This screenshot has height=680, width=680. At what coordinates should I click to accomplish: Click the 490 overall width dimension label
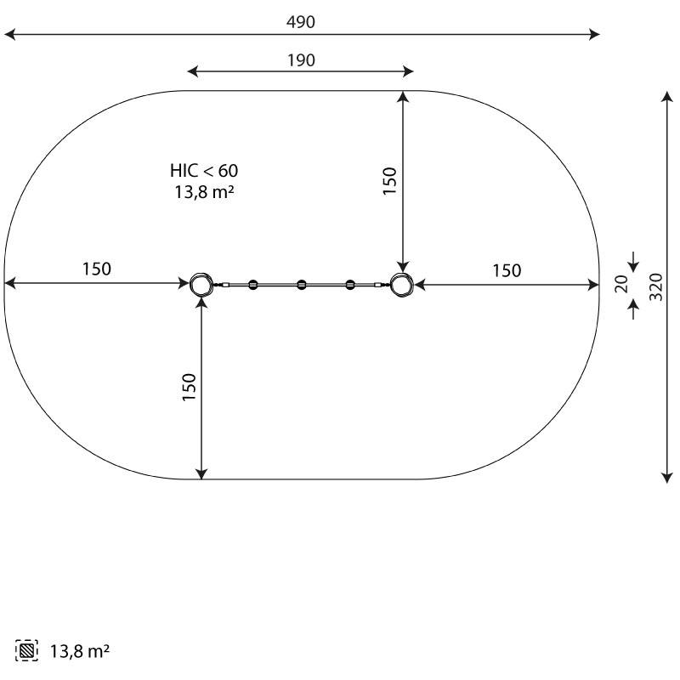(301, 22)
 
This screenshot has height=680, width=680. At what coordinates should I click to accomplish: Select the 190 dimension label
(302, 60)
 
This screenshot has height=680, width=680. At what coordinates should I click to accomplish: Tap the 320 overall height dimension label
(656, 286)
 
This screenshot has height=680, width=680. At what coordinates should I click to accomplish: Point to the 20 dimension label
(621, 284)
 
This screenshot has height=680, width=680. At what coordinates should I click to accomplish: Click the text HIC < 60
(204, 171)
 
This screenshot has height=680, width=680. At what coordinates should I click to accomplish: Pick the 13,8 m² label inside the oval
(204, 192)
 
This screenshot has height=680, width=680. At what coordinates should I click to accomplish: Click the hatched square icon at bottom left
(26, 650)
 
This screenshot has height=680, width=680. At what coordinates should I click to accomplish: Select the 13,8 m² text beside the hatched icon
(80, 651)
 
